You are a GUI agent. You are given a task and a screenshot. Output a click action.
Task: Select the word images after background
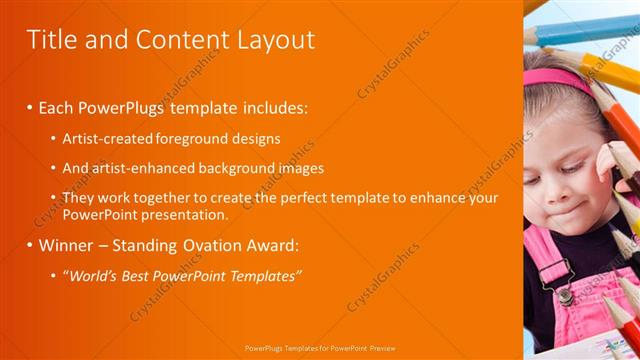[324, 168]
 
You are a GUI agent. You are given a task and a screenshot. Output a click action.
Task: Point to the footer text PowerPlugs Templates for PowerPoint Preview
[319, 350]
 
